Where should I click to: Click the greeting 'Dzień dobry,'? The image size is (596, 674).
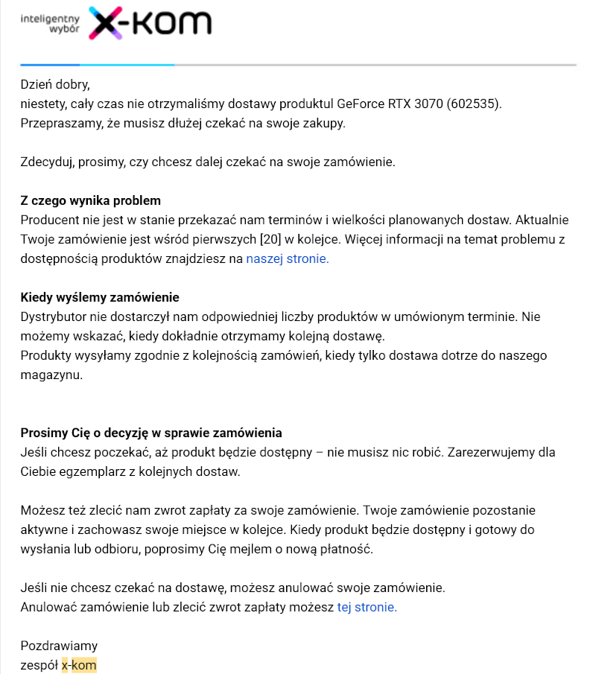click(54, 84)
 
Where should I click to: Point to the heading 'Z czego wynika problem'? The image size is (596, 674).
click(90, 201)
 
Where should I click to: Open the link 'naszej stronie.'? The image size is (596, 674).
click(287, 259)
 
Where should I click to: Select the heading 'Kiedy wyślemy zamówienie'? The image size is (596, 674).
click(100, 298)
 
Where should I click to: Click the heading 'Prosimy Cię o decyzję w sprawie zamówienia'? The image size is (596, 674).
click(151, 433)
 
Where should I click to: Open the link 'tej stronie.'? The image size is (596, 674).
click(367, 607)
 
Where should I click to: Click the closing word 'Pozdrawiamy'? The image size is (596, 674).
click(59, 646)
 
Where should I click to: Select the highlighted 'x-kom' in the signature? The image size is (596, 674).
click(79, 665)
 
